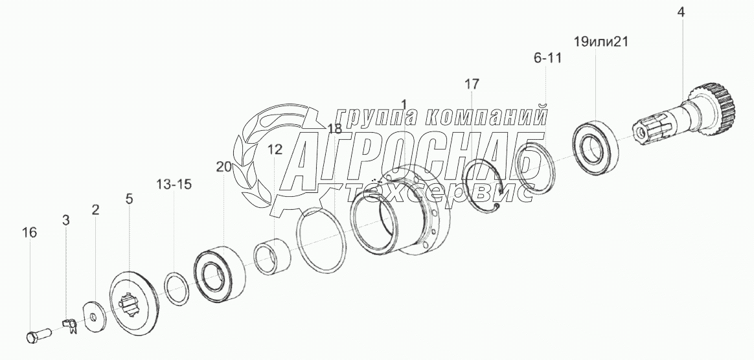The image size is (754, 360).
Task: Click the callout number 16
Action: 29,232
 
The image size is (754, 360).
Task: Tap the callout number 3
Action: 66,220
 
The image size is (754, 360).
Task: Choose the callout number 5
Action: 130,199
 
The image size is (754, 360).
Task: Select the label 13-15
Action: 174,184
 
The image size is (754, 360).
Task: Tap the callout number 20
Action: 224,167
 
